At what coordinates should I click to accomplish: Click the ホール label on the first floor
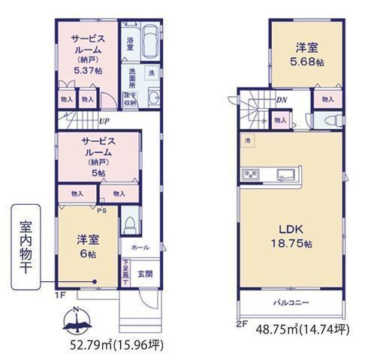click(140, 246)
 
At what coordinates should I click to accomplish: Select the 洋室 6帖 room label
click(87, 247)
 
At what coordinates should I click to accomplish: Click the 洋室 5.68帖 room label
click(308, 55)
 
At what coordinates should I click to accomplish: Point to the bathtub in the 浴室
click(148, 41)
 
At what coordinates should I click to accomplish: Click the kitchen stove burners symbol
click(250, 175)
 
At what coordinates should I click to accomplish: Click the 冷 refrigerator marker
click(246, 139)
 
